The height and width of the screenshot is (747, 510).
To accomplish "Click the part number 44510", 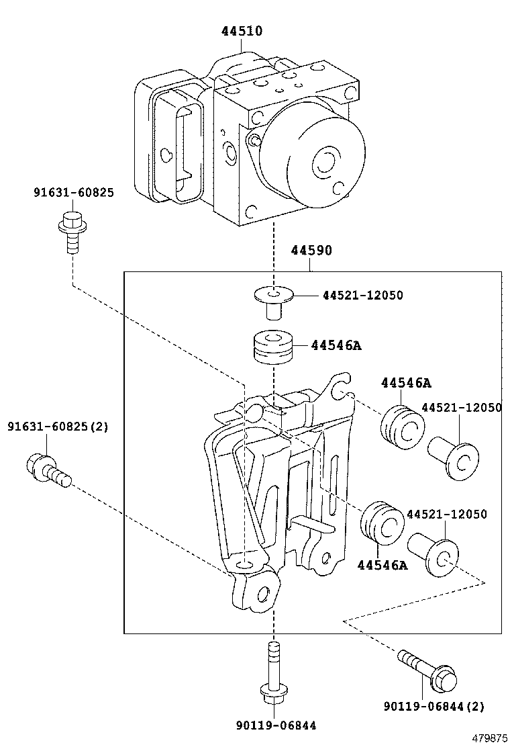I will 242,31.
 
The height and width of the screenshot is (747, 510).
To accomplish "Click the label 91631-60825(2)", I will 58,427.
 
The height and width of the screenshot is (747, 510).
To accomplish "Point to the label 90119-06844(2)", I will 434,706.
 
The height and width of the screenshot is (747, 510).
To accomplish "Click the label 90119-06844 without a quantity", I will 275,725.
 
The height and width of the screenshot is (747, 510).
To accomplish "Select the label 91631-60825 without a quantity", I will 74,193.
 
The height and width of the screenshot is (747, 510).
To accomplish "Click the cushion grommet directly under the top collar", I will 274,347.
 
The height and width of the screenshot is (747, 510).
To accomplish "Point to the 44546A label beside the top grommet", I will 336,345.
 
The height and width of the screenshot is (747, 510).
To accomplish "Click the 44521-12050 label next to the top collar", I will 362,295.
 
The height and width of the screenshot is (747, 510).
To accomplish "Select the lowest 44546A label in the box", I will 382,565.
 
